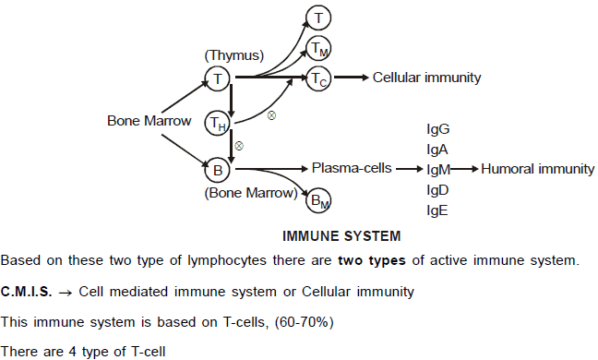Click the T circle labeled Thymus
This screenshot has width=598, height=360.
(217, 79)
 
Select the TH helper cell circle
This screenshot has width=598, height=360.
(218, 123)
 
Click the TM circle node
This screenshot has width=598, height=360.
(318, 47)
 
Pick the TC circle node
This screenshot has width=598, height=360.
(318, 78)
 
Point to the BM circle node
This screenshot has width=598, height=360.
(317, 198)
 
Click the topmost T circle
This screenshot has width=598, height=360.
(318, 16)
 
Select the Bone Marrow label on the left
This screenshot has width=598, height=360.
(148, 121)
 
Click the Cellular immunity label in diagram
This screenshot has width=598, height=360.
(426, 78)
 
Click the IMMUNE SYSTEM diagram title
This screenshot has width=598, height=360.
(341, 236)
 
